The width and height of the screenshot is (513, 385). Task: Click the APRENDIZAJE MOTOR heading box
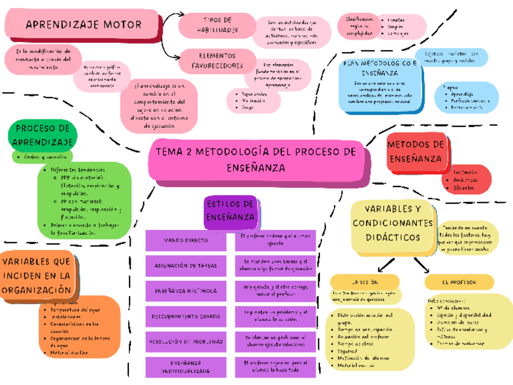point(83,25)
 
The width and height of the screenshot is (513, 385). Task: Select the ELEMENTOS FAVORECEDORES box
point(217,60)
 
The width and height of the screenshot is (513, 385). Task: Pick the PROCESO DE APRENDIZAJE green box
point(42,135)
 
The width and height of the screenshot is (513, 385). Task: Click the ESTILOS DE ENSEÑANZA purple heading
point(230,210)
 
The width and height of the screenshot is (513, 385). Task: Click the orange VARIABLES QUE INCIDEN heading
point(38,275)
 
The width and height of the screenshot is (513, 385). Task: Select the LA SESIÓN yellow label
point(365,283)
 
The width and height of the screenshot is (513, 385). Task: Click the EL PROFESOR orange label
point(459,283)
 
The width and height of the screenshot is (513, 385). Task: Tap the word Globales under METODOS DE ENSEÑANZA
point(463,188)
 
